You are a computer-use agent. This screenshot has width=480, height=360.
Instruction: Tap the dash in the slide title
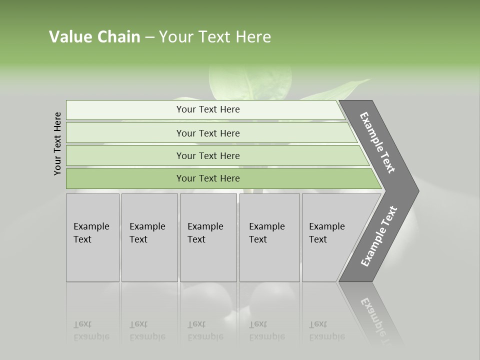[149, 37]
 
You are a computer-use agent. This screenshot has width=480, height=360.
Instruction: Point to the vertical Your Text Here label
[57, 143]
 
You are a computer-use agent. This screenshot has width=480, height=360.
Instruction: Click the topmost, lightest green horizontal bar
[205, 109]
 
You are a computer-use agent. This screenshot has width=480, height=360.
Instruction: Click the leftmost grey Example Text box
[92, 237]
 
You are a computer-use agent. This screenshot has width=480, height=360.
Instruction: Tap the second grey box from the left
[149, 237]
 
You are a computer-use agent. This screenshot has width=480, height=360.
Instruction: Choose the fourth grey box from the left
[269, 237]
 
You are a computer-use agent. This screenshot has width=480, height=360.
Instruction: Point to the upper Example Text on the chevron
[377, 142]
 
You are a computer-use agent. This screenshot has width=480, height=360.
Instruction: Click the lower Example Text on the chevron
[379, 236]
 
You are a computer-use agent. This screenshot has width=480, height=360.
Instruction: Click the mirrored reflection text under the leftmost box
[91, 330]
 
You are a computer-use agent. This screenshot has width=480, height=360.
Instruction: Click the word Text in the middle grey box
[196, 239]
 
